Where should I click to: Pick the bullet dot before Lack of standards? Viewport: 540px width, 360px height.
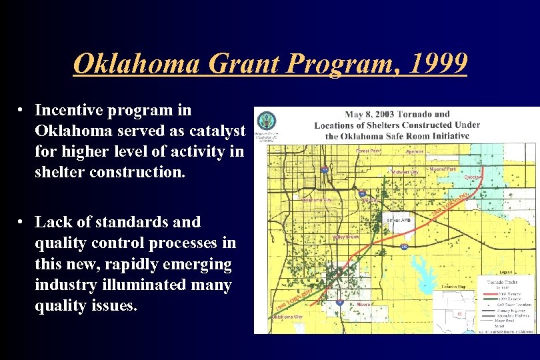coord(22,221)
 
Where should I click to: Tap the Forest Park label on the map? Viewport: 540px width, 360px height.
coord(367,151)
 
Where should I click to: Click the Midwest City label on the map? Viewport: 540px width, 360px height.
coord(405,172)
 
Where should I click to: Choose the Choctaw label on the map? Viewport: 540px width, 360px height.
coord(472,177)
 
